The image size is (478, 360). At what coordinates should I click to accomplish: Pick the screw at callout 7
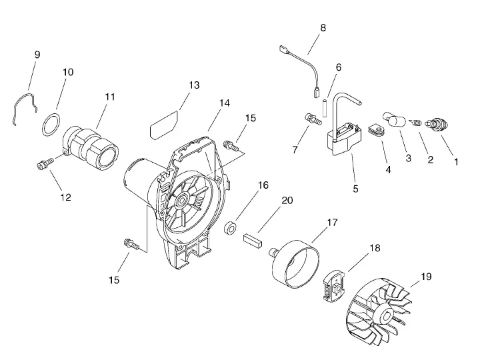pyautogui.click(x=313, y=119)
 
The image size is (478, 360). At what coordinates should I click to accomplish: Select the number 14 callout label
pyautogui.click(x=225, y=103)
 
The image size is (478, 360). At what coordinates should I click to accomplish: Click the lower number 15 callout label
pyautogui.click(x=114, y=280)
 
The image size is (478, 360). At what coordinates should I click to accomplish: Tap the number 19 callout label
pyautogui.click(x=426, y=277)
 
